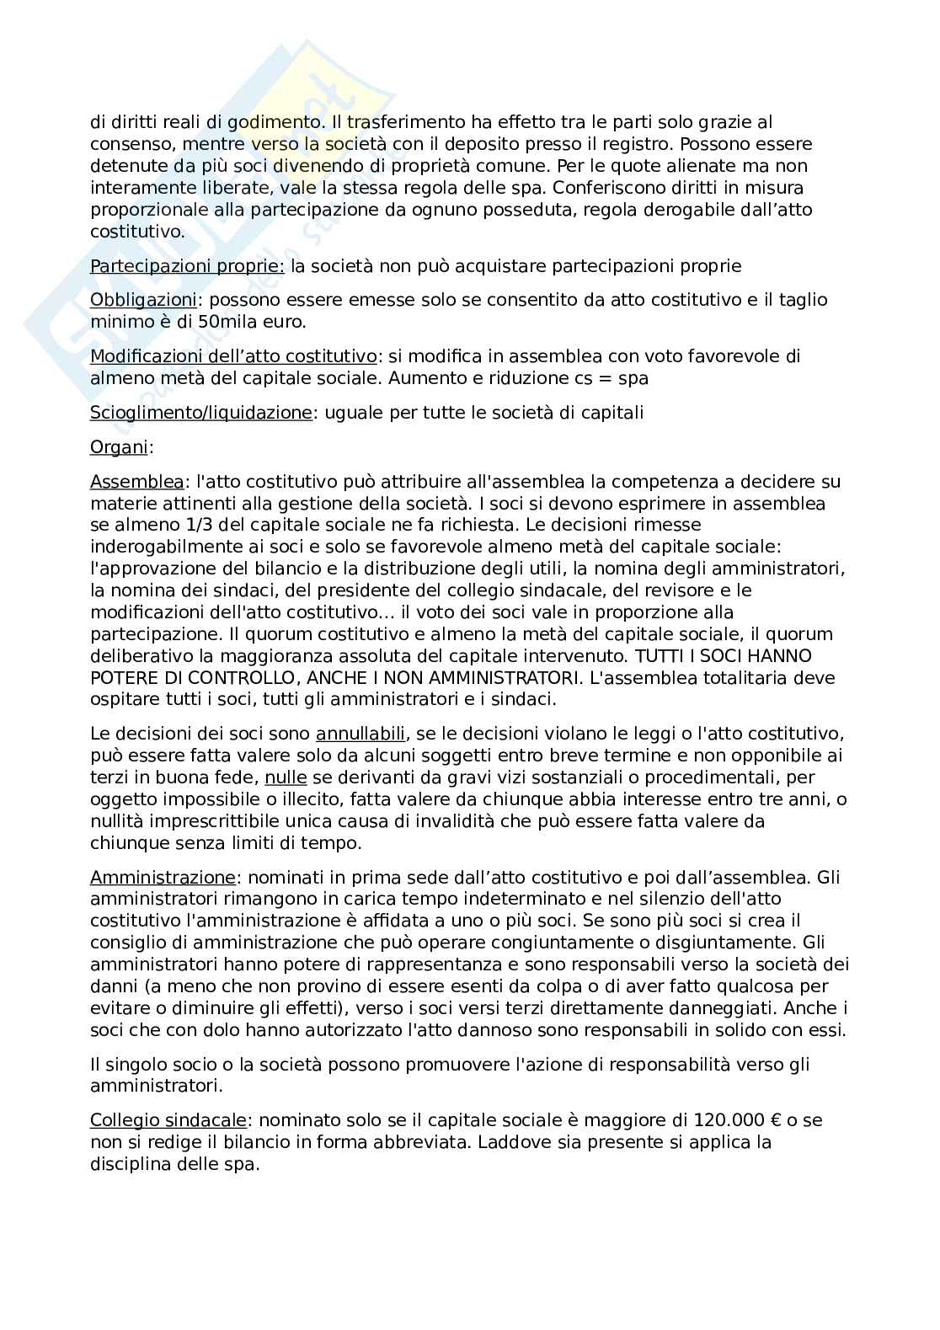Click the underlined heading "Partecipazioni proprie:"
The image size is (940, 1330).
click(x=187, y=266)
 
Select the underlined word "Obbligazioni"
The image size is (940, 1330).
click(x=143, y=300)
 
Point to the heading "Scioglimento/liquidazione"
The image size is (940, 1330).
click(x=200, y=413)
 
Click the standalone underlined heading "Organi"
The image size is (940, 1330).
click(x=119, y=447)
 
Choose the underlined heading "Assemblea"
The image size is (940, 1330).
click(x=136, y=482)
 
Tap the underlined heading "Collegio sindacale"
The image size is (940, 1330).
click(x=168, y=1120)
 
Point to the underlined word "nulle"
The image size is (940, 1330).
click(x=286, y=777)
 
